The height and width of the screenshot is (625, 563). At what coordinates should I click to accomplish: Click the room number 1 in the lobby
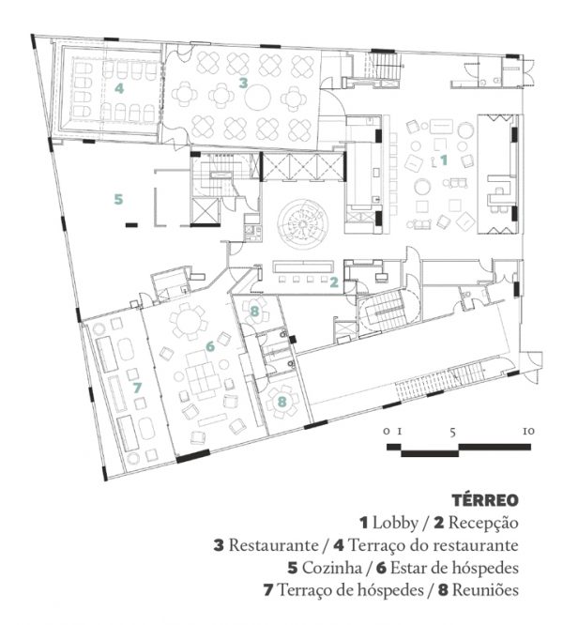pos(444,160)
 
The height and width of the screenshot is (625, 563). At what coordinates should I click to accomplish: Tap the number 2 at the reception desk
pos(334,282)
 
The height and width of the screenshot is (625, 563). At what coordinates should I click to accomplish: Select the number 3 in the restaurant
pos(243,83)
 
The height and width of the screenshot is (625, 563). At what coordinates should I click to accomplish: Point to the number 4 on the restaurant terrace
pos(119,88)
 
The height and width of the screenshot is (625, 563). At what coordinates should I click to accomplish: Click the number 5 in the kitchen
pos(118,199)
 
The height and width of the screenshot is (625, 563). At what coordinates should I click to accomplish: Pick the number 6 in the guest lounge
pos(210,346)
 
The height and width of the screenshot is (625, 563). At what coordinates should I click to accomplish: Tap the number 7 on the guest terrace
pos(137,388)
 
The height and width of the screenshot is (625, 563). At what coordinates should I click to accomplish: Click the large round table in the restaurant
pos(258,98)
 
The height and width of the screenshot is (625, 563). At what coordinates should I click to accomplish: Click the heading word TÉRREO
pos(485,500)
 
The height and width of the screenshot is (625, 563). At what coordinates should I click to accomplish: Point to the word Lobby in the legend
pos(395,523)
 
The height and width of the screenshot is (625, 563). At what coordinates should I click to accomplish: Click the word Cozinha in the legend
pos(331,568)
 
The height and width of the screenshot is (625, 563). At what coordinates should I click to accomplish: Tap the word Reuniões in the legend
pos(485,590)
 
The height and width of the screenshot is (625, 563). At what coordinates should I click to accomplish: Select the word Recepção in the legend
pos(483,523)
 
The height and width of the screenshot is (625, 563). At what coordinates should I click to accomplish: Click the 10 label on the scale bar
pos(528,432)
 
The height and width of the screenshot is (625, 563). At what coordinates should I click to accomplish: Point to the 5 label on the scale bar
pos(452,432)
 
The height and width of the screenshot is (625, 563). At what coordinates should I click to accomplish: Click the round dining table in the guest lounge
pos(187,320)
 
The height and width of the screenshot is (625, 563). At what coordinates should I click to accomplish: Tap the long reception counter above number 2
pos(303,267)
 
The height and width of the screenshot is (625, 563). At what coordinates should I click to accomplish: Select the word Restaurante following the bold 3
pos(273,545)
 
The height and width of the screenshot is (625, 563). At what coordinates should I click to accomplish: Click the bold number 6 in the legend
pos(381,568)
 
